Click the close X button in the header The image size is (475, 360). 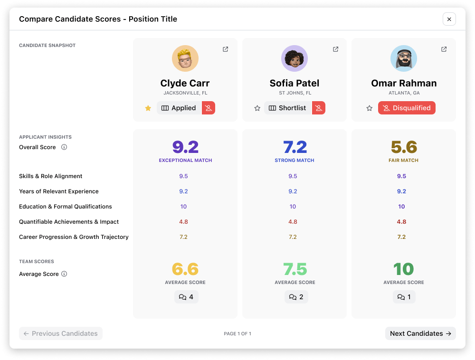click(x=449, y=19)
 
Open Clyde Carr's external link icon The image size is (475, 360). click(x=225, y=49)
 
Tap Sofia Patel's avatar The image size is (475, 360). click(x=294, y=58)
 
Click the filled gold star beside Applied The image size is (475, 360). click(x=148, y=108)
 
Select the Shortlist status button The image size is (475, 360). click(x=288, y=108)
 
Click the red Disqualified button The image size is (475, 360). click(x=407, y=108)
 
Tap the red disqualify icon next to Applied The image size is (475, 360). click(x=209, y=108)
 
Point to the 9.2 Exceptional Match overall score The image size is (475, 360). click(x=185, y=147)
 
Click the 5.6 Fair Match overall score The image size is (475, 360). click(x=404, y=147)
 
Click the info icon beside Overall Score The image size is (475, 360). click(x=64, y=147)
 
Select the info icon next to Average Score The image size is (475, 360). click(x=64, y=274)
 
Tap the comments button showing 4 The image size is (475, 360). click(x=186, y=297)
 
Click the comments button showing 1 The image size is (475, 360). click(x=404, y=297)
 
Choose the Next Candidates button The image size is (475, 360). click(x=420, y=333)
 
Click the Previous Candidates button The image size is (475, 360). click(x=61, y=333)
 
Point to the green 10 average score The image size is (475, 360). click(x=403, y=269)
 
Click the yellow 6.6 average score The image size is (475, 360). click(x=185, y=269)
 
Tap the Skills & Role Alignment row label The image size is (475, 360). click(x=51, y=176)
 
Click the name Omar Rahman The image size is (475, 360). click(x=404, y=83)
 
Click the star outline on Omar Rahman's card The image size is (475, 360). click(x=369, y=108)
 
